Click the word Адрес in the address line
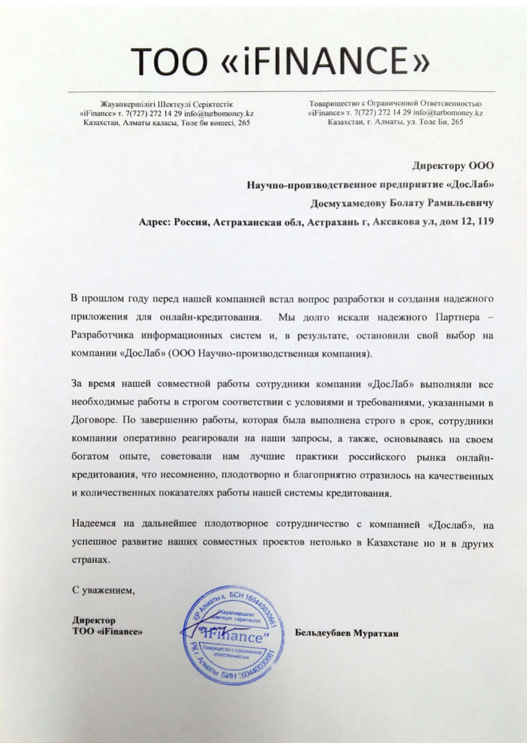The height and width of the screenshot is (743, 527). [x=154, y=222]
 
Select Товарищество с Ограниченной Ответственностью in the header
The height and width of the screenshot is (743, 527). [x=395, y=104]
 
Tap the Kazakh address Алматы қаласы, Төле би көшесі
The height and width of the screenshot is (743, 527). [x=183, y=123]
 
